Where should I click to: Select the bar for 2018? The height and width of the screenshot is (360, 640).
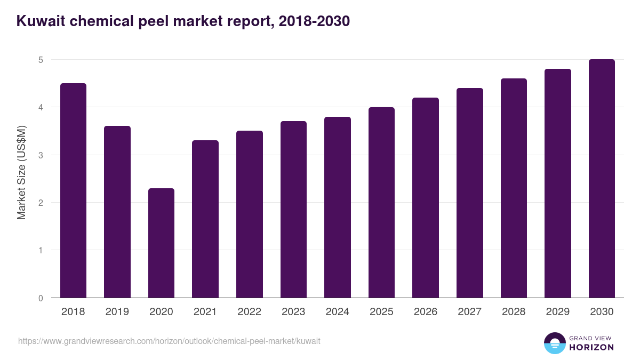coord(73,190)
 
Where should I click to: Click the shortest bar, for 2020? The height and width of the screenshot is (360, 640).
coord(161,243)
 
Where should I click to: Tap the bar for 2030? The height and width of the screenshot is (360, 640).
coord(602,179)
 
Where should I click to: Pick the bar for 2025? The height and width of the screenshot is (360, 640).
coord(381,203)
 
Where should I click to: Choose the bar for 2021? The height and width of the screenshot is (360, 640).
coord(205,219)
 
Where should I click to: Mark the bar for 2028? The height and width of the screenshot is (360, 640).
coord(514,188)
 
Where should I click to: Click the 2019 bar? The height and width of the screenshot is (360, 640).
coord(117,212)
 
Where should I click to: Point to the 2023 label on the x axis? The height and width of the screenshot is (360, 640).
coord(293,312)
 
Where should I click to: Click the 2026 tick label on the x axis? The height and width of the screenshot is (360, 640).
coord(426,312)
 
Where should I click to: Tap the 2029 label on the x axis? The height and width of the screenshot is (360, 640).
coord(557,312)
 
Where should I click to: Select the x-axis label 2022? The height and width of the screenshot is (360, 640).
coord(249,312)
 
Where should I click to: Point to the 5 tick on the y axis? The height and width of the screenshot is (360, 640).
coord(41,60)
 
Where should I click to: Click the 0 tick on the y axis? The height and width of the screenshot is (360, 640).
coord(41,298)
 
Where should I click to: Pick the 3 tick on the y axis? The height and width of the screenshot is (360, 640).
coord(41,155)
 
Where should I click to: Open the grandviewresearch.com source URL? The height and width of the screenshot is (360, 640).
coord(169,341)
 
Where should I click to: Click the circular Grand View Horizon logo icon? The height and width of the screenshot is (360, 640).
coord(555,343)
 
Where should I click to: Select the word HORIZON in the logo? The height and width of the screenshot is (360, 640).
coord(591,347)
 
